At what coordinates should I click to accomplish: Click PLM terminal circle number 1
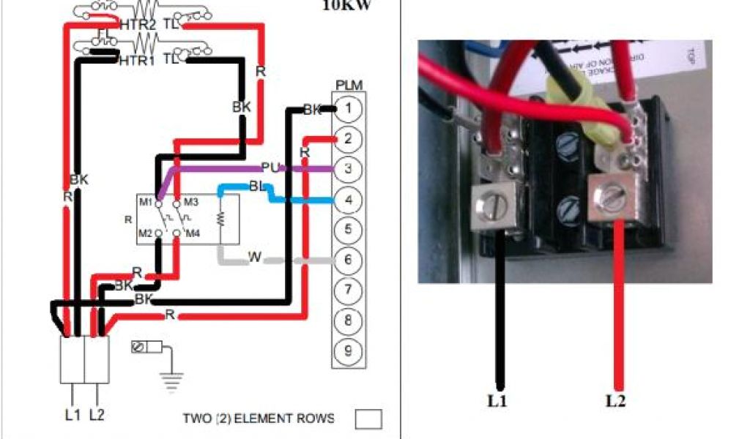(349, 109)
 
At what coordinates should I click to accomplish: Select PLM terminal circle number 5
(349, 230)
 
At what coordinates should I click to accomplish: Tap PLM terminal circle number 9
(349, 350)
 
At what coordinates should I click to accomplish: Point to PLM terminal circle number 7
(349, 290)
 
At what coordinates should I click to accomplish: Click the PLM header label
(349, 86)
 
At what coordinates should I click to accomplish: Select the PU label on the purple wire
(270, 168)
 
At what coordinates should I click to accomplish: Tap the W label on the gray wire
(255, 257)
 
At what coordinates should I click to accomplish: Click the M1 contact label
(145, 201)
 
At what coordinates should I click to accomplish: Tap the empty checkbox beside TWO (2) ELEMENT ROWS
(368, 419)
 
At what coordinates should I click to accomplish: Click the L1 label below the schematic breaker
(72, 415)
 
